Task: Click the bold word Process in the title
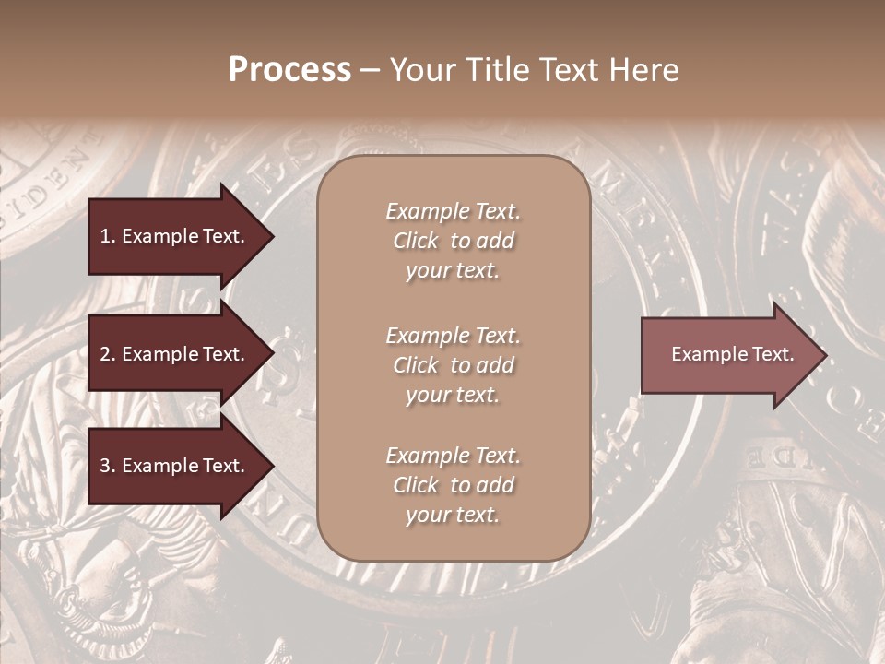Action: pyautogui.click(x=289, y=70)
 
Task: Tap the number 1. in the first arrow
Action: pyautogui.click(x=108, y=236)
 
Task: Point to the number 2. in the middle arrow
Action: pyautogui.click(x=108, y=354)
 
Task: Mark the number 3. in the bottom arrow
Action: pyautogui.click(x=108, y=466)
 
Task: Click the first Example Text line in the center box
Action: pyautogui.click(x=453, y=211)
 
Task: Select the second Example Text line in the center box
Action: pyautogui.click(x=453, y=336)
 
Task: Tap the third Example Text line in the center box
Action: pyautogui.click(x=453, y=456)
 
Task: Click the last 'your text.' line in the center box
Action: pyautogui.click(x=453, y=516)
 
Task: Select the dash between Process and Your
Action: pyautogui.click(x=371, y=70)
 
